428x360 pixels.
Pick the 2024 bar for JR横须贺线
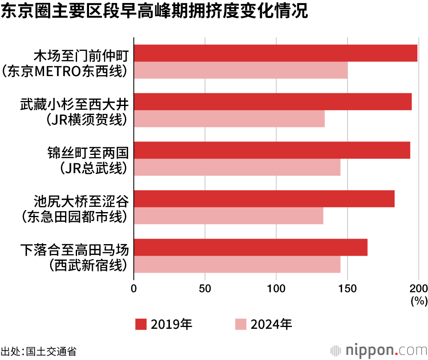[229, 118]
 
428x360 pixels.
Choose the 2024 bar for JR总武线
[237, 167]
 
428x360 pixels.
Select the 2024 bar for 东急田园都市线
[229, 215]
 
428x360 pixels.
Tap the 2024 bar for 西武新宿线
[237, 264]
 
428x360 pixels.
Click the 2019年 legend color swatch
[141, 325]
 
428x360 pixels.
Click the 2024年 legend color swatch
[241, 325]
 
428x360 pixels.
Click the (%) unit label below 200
[419, 301]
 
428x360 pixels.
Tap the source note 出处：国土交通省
[39, 351]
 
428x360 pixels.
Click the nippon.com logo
[378, 350]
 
